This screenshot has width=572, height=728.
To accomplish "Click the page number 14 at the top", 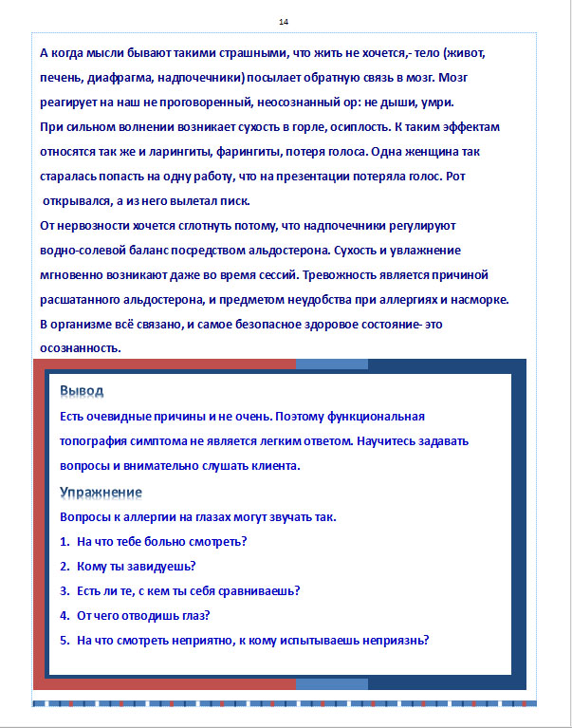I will (284, 22).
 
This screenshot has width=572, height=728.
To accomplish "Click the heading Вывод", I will (82, 391).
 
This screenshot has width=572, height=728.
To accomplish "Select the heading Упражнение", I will (101, 492).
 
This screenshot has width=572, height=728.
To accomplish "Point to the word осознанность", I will (80, 348).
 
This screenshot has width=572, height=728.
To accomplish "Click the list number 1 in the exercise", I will (64, 542).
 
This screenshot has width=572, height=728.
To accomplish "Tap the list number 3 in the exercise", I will (64, 591).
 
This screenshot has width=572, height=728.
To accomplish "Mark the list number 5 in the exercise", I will (64, 640).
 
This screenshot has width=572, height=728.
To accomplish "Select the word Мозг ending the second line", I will (483, 77).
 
